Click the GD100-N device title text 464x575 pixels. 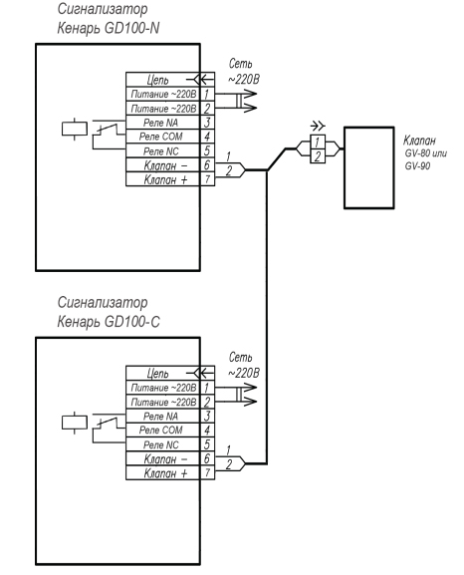click(x=109, y=18)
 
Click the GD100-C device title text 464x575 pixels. click(x=109, y=312)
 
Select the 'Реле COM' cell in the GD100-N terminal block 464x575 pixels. click(x=162, y=137)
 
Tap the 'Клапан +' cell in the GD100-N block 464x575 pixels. click(x=162, y=179)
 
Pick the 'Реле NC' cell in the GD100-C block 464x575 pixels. click(x=162, y=444)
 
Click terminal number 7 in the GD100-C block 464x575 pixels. click(x=207, y=472)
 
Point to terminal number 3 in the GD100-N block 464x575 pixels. click(x=207, y=123)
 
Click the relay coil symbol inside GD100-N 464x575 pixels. click(x=75, y=130)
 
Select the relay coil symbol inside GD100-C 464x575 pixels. click(x=75, y=423)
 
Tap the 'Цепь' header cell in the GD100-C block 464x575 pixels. click(x=162, y=373)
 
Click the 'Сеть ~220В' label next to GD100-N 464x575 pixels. click(x=243, y=71)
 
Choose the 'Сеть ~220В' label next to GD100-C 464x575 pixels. click(x=243, y=365)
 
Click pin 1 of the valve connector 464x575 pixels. click(x=318, y=142)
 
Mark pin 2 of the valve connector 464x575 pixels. click(x=318, y=155)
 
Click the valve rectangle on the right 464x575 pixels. click(x=369, y=167)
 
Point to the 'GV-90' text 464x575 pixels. click(x=417, y=166)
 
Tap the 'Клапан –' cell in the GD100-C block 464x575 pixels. click(x=162, y=458)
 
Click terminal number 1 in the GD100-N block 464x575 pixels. click(x=207, y=94)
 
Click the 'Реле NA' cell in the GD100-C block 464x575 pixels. click(x=162, y=416)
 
